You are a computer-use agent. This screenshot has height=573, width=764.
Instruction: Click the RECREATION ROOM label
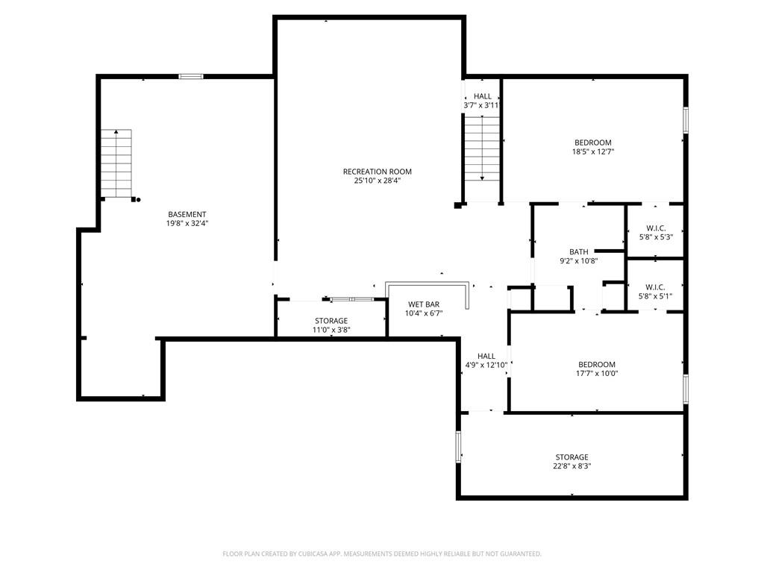click(x=377, y=172)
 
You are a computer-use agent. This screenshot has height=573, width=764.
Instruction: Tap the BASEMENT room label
click(x=187, y=214)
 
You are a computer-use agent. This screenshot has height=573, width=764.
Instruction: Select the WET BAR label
click(x=424, y=304)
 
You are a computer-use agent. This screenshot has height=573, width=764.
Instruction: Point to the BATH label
click(x=579, y=252)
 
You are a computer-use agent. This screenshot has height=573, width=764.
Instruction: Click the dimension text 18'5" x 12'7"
click(x=593, y=151)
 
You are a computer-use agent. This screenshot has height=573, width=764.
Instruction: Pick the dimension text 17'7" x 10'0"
click(x=597, y=373)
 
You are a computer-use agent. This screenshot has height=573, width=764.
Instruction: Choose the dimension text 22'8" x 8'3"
click(x=572, y=466)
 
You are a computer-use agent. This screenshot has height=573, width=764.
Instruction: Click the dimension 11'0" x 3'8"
click(x=331, y=330)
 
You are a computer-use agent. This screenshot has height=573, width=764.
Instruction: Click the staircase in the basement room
click(x=116, y=163)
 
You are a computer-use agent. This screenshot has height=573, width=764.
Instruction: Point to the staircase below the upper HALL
click(x=482, y=148)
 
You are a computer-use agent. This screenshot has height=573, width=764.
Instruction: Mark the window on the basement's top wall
click(x=190, y=77)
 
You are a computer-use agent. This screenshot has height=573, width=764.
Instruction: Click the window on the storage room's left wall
click(x=459, y=446)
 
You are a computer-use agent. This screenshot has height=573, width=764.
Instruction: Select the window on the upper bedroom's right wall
click(x=686, y=120)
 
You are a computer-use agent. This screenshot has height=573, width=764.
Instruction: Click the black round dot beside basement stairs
click(x=138, y=199)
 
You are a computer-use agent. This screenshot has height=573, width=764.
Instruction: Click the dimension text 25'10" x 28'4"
click(x=377, y=181)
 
